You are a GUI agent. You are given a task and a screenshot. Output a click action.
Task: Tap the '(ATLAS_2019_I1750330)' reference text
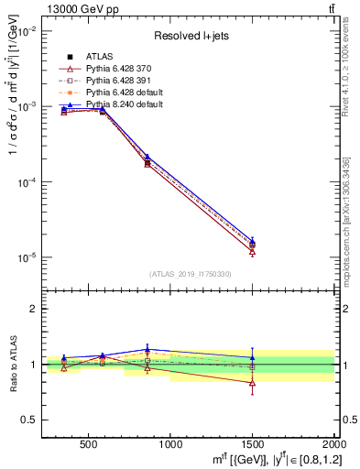point(190,274)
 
